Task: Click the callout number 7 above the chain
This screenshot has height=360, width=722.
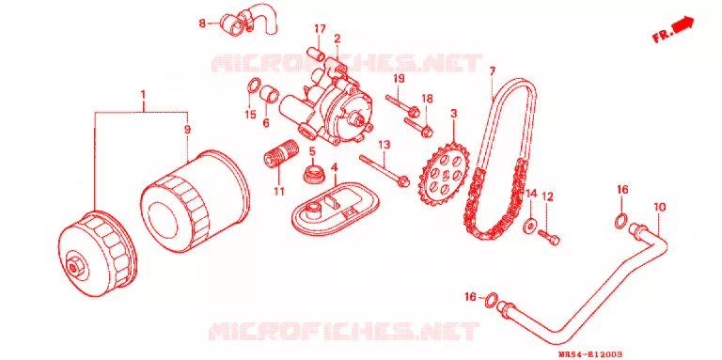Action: [493, 71]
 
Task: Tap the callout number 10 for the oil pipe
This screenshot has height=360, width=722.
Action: [659, 207]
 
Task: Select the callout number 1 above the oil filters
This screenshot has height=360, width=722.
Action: [143, 95]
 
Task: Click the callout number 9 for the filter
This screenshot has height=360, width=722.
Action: [187, 130]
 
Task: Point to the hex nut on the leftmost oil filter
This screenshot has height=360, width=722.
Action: [73, 266]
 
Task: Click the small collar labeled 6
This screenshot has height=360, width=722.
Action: [270, 95]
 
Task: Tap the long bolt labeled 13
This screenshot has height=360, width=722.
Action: [385, 170]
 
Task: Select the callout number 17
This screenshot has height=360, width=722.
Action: [320, 29]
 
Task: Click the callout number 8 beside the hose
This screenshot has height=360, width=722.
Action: [203, 23]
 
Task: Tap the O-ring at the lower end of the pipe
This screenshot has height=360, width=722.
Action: [492, 300]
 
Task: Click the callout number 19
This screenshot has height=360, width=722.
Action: [399, 78]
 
